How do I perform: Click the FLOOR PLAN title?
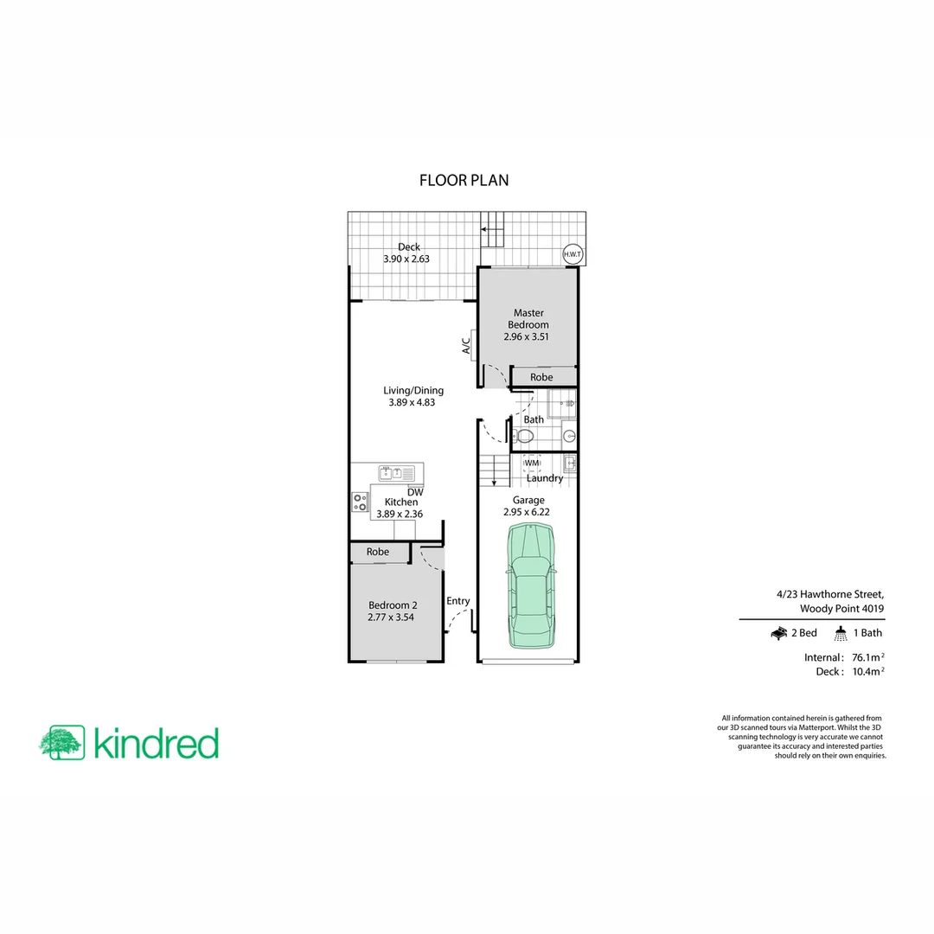point(464,181)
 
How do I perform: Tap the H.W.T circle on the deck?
point(573,254)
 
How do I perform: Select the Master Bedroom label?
point(528,318)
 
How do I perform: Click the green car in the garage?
point(530,587)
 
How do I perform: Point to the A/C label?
point(465,346)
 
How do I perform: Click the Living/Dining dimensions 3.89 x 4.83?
point(414,402)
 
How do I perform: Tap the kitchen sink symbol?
point(396,473)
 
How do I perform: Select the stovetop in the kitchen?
point(360,502)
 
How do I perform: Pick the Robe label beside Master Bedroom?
point(541,377)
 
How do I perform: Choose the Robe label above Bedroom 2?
point(377,552)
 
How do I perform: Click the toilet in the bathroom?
point(517,435)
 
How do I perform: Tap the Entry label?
point(458,601)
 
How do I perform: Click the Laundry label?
point(545,478)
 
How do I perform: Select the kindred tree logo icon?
point(61,742)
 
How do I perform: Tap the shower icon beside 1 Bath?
point(841,634)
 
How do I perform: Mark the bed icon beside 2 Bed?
point(778,634)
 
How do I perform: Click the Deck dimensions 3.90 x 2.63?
point(406,259)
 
